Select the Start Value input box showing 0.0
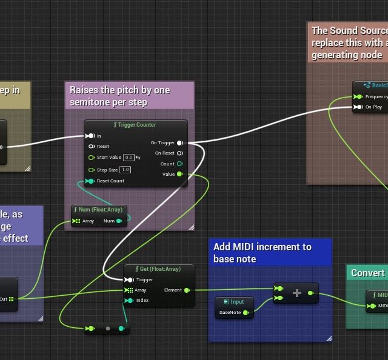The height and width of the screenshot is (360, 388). pyautogui.click(x=129, y=158)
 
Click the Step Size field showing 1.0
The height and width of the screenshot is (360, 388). pyautogui.click(x=125, y=170)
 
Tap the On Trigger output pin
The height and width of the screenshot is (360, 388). pyautogui.click(x=180, y=143)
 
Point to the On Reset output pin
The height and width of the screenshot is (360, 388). pyautogui.click(x=180, y=153)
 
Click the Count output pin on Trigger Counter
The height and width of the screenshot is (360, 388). pyautogui.click(x=180, y=164)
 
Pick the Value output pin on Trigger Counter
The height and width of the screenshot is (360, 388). pyautogui.click(x=180, y=175)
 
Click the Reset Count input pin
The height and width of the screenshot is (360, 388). pyautogui.click(x=90, y=181)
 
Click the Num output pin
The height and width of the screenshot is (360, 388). pyautogui.click(x=119, y=221)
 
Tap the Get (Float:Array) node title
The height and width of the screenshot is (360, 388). pyautogui.click(x=159, y=269)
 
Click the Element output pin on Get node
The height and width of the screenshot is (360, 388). pyautogui.click(x=187, y=290)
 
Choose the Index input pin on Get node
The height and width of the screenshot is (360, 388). pyautogui.click(x=129, y=300)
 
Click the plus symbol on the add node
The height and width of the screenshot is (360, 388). pyautogui.click(x=297, y=293)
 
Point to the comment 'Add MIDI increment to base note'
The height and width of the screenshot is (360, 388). pyautogui.click(x=263, y=253)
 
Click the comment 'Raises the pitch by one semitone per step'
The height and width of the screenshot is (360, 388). pyautogui.click(x=120, y=96)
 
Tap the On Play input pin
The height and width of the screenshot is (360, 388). pyautogui.click(x=359, y=107)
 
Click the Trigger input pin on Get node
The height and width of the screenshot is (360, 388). pyautogui.click(x=129, y=280)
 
